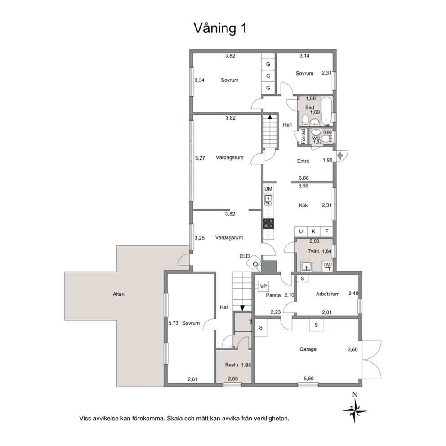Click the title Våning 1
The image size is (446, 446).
point(220,28)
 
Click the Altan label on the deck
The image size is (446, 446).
point(119,294)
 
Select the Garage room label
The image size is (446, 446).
point(308,349)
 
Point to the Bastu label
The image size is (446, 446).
point(232,365)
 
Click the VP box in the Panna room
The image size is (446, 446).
point(263,286)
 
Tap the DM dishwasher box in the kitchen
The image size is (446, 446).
point(268,189)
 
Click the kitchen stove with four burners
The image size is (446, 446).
point(268,223)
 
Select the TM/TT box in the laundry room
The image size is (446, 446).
point(327,267)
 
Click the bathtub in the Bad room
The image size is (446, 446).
point(326,111)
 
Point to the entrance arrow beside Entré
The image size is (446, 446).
point(340,155)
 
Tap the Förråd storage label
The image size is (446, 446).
point(303,137)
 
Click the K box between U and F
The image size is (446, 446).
point(313,232)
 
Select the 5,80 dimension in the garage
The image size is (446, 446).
point(308,379)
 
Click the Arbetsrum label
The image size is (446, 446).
point(328,294)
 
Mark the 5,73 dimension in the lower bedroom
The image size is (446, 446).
point(173,323)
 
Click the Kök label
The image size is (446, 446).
point(303,205)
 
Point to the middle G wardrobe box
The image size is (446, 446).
point(268,76)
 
